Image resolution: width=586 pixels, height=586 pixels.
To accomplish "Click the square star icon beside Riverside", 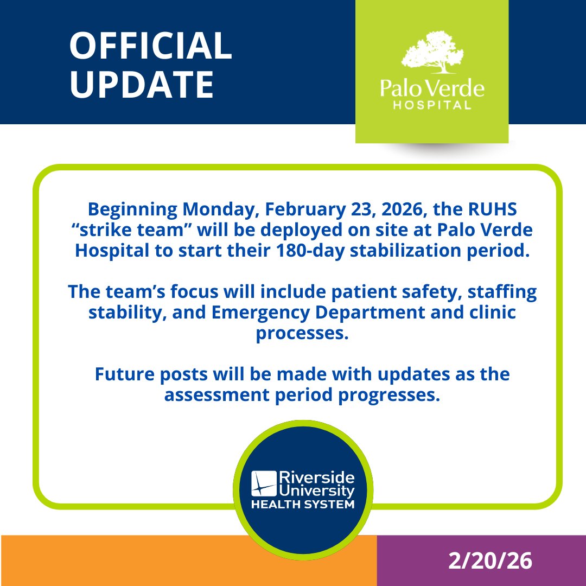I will click(x=263, y=483).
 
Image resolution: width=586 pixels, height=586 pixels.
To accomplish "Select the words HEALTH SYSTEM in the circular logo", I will click(x=302, y=505).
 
